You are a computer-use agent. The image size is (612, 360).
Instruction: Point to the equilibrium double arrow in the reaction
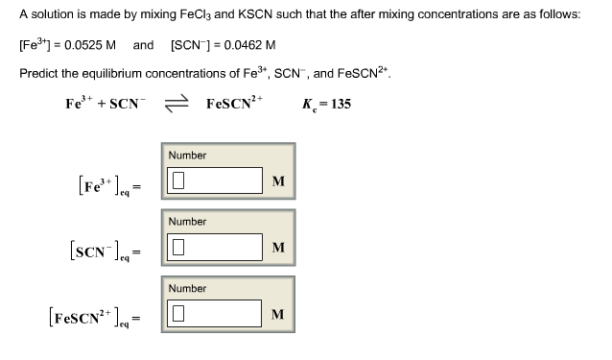click(176, 104)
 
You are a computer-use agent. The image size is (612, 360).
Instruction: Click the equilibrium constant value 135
click(340, 104)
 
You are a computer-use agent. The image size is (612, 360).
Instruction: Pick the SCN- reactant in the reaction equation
click(128, 104)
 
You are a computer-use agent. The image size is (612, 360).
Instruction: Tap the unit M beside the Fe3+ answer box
click(278, 181)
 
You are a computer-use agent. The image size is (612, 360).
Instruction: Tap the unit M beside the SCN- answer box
click(278, 248)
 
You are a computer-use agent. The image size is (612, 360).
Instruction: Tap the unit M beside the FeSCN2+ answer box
click(278, 314)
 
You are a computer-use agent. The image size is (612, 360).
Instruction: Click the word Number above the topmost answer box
click(187, 156)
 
